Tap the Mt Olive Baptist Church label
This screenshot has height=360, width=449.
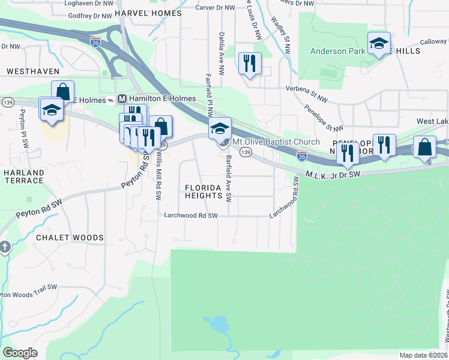pyautogui.click(x=276, y=142)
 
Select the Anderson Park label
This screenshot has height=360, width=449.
pyautogui.click(x=337, y=51)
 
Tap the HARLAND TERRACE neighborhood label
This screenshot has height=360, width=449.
pyautogui.click(x=23, y=177)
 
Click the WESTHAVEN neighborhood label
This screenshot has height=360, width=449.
pyautogui.click(x=33, y=71)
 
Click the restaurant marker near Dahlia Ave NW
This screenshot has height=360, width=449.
pyautogui.click(x=250, y=62)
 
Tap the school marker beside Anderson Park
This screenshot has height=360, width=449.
pyautogui.click(x=379, y=44)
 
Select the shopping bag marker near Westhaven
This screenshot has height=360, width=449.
pyautogui.click(x=63, y=92)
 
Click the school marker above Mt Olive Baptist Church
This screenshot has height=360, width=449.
pyautogui.click(x=220, y=128)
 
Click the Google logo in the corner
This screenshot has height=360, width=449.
pyautogui.click(x=20, y=353)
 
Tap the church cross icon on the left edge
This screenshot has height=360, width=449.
pyautogui.click(x=4, y=247)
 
